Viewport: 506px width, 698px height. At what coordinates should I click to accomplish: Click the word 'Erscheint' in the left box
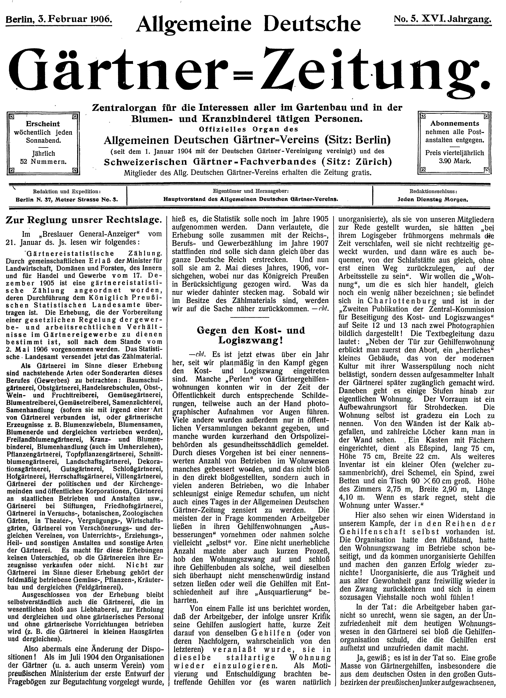coord(43,124)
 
